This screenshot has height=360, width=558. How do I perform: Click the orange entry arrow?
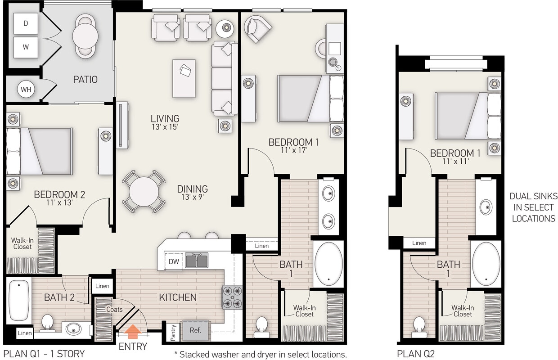pos(133,333)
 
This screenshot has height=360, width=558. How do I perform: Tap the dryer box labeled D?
pos(26,23)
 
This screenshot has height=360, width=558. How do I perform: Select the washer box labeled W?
pos(26,47)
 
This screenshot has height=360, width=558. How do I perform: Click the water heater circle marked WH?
pos(26,90)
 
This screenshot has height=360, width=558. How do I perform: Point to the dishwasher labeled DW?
pos(174,261)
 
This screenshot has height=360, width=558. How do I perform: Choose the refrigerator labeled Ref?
pos(195,330)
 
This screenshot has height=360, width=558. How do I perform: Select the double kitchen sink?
pos(197,261)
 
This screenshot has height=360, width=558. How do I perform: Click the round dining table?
pos(144,191)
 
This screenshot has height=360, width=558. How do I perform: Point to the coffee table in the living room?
pos(184,78)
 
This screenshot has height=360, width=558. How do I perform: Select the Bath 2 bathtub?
pos(18,301)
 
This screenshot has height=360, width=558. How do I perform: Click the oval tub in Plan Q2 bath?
pos(486,265)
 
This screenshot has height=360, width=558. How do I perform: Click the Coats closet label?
pos(114,309)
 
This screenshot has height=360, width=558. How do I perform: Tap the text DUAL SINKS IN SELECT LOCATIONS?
pos(533,207)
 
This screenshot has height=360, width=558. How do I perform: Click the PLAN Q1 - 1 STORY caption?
pos(44,353)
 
